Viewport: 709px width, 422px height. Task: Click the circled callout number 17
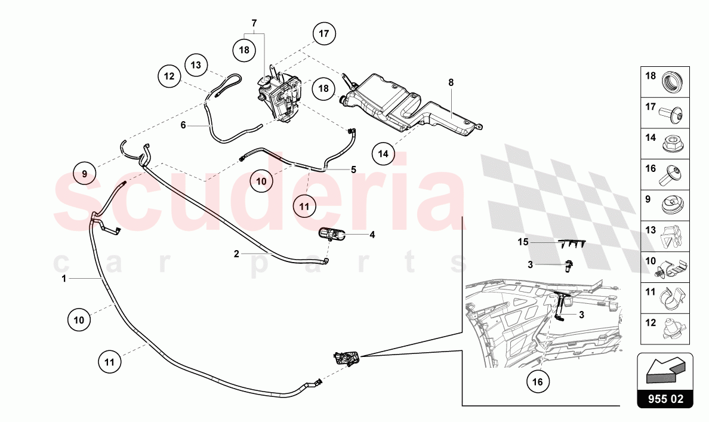pos(323,34)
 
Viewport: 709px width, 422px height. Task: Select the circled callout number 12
pos(169,76)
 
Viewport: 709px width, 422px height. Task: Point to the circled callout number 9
pos(85,174)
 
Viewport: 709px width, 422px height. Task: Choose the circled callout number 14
pos(383,153)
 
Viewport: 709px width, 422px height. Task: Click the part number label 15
pos(523,242)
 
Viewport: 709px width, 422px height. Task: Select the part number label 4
pos(372,235)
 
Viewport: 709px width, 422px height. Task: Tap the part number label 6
pos(184,125)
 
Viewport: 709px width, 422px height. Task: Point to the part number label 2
pos(236,254)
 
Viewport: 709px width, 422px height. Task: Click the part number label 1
pos(63,278)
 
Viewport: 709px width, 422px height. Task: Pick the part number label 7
pos(254,24)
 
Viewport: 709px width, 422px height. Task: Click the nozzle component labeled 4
pos(334,234)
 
